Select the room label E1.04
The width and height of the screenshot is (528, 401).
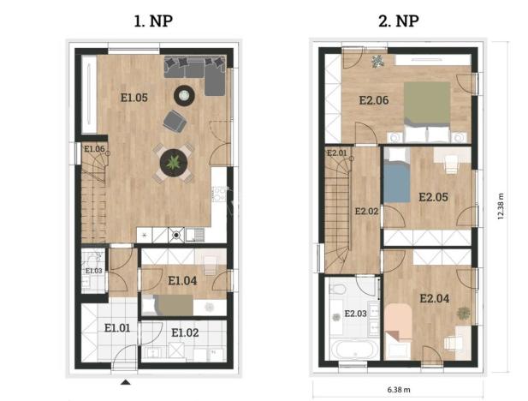183,280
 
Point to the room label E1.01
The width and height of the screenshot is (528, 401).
118,326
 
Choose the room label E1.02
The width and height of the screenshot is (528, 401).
186,332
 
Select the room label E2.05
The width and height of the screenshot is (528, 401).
434,196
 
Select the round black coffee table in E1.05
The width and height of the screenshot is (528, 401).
184,94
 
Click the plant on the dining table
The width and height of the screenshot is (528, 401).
174,160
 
